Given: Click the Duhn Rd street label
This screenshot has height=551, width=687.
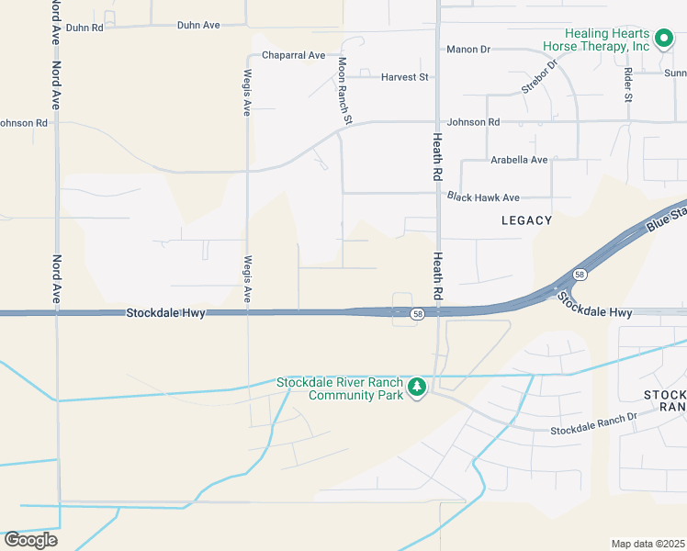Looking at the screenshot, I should coord(84,28).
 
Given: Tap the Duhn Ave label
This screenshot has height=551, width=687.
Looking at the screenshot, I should coord(198,25).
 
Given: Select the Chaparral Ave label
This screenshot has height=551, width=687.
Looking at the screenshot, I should coord(293,55).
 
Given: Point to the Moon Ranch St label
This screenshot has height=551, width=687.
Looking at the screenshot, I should coord(343,90).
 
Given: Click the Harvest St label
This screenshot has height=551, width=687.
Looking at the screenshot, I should coord(405,77).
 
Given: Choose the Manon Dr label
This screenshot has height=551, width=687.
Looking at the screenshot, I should coord(469,50).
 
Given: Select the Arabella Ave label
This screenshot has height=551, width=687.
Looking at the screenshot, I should coord(519,160).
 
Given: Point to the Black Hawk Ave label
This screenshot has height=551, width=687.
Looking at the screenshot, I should coord(483,197).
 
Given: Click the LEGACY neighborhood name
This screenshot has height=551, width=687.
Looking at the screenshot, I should coord(527,220).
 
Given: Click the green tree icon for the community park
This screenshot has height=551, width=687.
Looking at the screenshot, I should coord(417,388).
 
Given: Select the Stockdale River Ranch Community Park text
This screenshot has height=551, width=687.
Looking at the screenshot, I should coord(341,388).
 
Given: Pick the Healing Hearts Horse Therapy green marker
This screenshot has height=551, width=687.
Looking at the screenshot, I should coord(668,40).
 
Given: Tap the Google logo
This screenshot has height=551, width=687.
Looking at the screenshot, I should coord(30,539).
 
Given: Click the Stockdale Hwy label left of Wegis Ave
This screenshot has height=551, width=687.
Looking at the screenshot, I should coord(165,313).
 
